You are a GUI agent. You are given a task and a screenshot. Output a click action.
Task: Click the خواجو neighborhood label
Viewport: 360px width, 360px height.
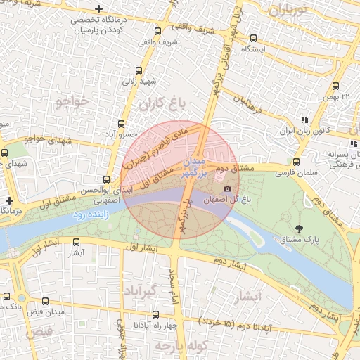pyautogui.click(x=72, y=101)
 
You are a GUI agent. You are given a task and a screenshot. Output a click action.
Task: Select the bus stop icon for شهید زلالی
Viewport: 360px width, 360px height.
pyautogui.click(x=139, y=70)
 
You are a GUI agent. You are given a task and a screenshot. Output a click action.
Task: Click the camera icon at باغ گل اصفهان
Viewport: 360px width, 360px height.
pyautogui.click(x=226, y=189)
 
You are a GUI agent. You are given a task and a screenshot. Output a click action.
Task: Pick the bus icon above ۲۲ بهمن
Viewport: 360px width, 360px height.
pyautogui.click(x=335, y=87)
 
